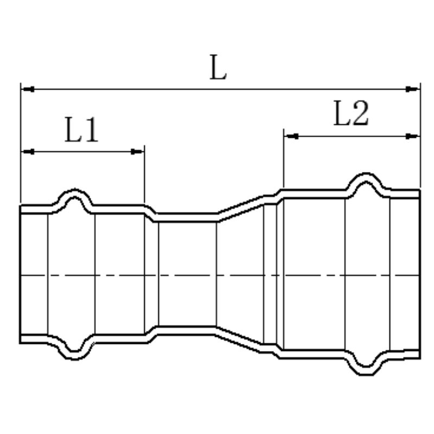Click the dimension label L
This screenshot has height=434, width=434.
218,67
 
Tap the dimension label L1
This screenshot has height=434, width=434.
81,130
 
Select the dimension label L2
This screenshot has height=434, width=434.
351,113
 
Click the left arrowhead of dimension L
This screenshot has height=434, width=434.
28,89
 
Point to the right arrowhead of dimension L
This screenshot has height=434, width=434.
413,89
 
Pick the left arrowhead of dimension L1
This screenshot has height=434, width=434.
28,152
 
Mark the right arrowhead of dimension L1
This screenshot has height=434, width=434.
137,152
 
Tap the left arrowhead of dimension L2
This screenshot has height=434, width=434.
291,136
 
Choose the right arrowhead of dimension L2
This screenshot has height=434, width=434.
413,136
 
